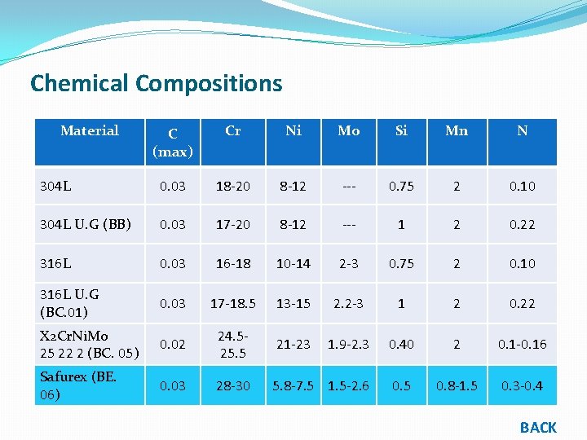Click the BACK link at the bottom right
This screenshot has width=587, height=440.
pyautogui.click(x=538, y=427)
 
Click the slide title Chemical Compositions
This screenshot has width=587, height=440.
pyautogui.click(x=156, y=83)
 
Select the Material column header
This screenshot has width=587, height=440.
pyautogui.click(x=90, y=130)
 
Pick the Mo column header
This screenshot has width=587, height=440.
pyautogui.click(x=348, y=130)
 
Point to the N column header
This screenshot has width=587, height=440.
pyautogui.click(x=523, y=130)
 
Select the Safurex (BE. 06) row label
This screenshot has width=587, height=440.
pyautogui.click(x=78, y=385)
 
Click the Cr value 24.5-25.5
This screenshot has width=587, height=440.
pyautogui.click(x=232, y=344)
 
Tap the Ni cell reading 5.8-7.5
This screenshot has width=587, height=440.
pyautogui.click(x=293, y=385)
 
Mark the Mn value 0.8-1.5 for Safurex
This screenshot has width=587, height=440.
pyautogui.click(x=457, y=385)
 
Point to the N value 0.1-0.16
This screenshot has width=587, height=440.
pyautogui.click(x=523, y=344)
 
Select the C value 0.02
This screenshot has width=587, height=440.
pyautogui.click(x=172, y=344)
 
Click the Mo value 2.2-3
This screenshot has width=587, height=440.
pyautogui.click(x=348, y=303)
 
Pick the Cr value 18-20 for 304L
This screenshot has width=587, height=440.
pyautogui.click(x=232, y=186)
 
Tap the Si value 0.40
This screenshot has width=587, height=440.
pyautogui.click(x=401, y=344)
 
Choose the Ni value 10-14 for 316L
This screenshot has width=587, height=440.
pyautogui.click(x=293, y=263)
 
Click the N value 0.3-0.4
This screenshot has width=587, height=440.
pyautogui.click(x=523, y=385)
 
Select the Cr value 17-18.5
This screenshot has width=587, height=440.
pyautogui.click(x=232, y=303)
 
